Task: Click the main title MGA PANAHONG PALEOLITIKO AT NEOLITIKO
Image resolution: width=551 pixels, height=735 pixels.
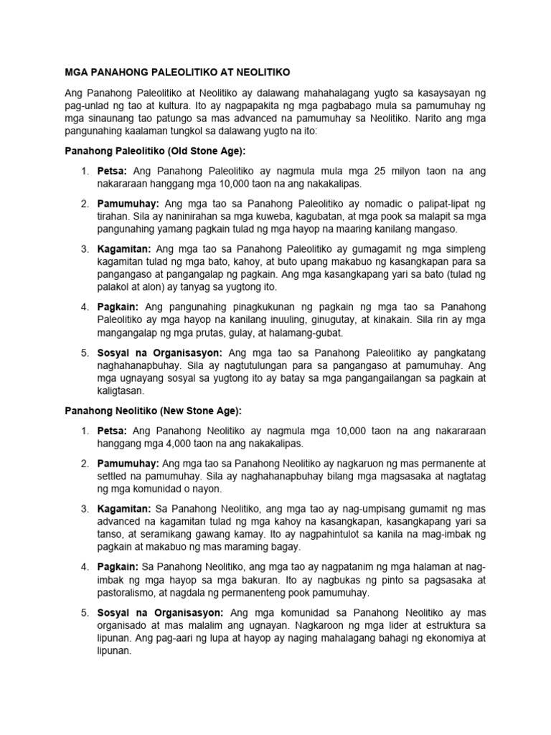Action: [179, 72]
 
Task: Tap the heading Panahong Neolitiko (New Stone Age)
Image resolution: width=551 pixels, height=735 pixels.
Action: [153, 411]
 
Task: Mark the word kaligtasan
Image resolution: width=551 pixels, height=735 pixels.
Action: [123, 392]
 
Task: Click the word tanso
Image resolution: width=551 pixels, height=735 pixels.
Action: [113, 534]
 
